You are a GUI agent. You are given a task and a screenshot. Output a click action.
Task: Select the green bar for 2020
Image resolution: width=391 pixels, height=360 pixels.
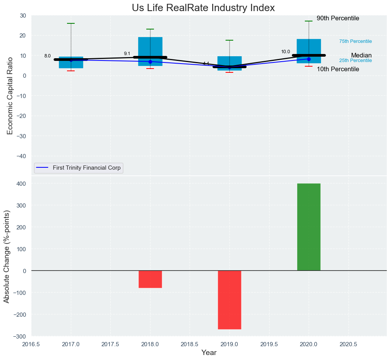309,227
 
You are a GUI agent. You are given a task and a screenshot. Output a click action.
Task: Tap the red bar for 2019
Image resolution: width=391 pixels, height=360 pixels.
229,299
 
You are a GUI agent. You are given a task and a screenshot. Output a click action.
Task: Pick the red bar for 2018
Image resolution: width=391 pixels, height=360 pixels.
150,279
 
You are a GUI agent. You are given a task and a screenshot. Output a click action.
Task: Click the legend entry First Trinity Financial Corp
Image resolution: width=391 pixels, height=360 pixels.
87,168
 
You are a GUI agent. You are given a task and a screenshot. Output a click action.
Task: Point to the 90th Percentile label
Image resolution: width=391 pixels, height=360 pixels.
338,18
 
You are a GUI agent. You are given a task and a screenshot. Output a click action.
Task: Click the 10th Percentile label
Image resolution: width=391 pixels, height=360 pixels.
338,69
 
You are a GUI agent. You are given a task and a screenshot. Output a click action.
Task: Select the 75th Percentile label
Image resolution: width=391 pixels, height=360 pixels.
355,41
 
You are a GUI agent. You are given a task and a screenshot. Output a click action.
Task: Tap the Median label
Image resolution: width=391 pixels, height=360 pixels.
361,56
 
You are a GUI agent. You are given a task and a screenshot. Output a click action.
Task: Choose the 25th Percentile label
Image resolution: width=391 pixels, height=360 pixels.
355,61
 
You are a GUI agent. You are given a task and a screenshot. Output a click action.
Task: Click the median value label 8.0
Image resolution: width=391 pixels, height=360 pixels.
47,56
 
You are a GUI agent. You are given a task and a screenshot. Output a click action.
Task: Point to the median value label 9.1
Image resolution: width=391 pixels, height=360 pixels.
127,54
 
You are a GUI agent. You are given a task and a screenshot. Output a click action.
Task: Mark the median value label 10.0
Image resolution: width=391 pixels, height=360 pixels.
286,52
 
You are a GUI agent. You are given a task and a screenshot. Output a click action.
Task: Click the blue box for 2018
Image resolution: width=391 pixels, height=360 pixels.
150,46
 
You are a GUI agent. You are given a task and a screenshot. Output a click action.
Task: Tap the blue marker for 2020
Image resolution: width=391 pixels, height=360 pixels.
309,59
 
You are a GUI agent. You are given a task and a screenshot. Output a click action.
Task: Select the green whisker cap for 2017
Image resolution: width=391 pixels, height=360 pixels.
71,23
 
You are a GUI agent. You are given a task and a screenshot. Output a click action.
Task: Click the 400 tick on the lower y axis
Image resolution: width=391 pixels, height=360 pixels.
22,183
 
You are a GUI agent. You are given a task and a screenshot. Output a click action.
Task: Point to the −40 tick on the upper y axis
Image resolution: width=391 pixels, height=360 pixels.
20,156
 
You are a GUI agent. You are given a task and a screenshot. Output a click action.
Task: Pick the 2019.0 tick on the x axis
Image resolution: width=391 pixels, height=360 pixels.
229,344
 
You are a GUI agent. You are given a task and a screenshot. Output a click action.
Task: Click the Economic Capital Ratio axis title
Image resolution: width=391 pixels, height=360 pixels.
10,96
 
